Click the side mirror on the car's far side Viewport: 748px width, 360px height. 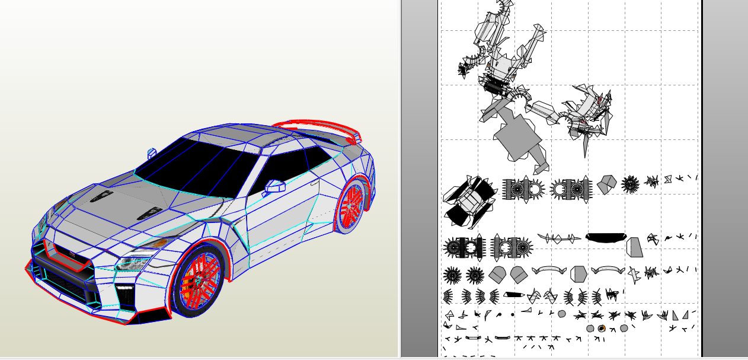tap(152, 152)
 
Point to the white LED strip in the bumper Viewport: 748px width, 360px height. tap(125, 288)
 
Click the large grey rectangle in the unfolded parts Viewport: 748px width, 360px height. tap(517, 137)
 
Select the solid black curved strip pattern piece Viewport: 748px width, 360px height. tap(605, 237)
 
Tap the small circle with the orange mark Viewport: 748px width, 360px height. tap(602, 329)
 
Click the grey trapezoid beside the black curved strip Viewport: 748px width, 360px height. tap(634, 247)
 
